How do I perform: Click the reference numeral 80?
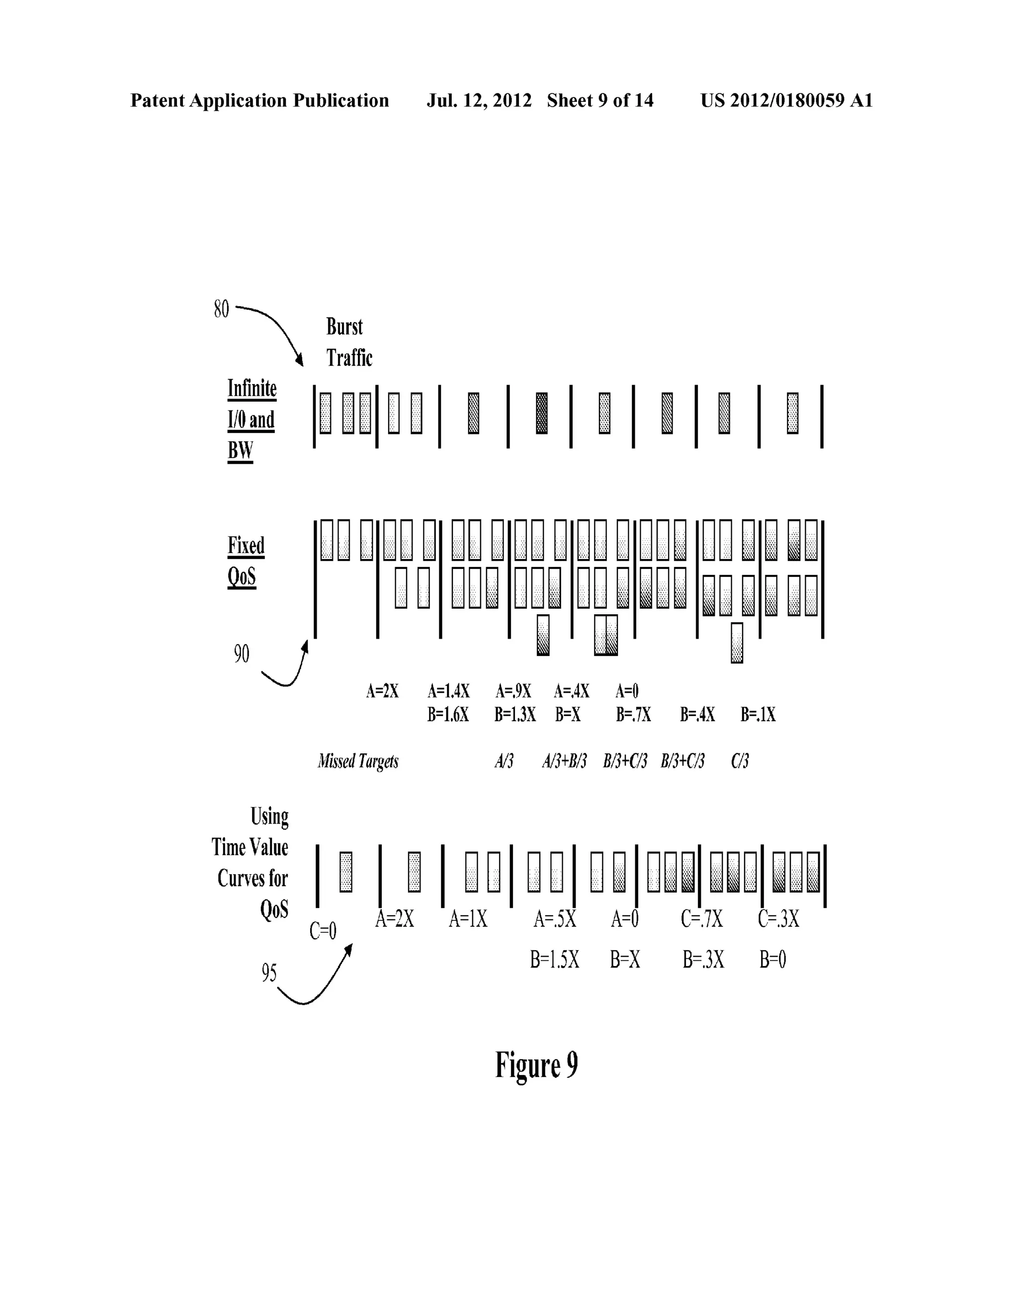click(x=221, y=310)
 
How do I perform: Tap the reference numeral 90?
click(x=241, y=654)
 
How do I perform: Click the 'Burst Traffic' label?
click(x=348, y=342)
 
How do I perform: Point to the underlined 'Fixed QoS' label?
click(x=246, y=561)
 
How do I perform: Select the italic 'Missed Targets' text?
click(x=358, y=761)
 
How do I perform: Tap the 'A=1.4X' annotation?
click(x=448, y=691)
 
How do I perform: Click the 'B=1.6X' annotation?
click(x=448, y=714)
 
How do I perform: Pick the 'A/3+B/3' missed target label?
click(x=564, y=761)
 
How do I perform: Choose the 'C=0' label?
click(x=323, y=931)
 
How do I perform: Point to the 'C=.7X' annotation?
click(x=701, y=918)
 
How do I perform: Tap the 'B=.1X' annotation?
click(x=758, y=714)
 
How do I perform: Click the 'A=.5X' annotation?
click(x=555, y=918)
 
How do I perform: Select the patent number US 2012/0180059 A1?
click(x=786, y=100)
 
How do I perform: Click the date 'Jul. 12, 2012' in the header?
click(x=479, y=100)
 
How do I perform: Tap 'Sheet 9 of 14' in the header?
click(x=600, y=100)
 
